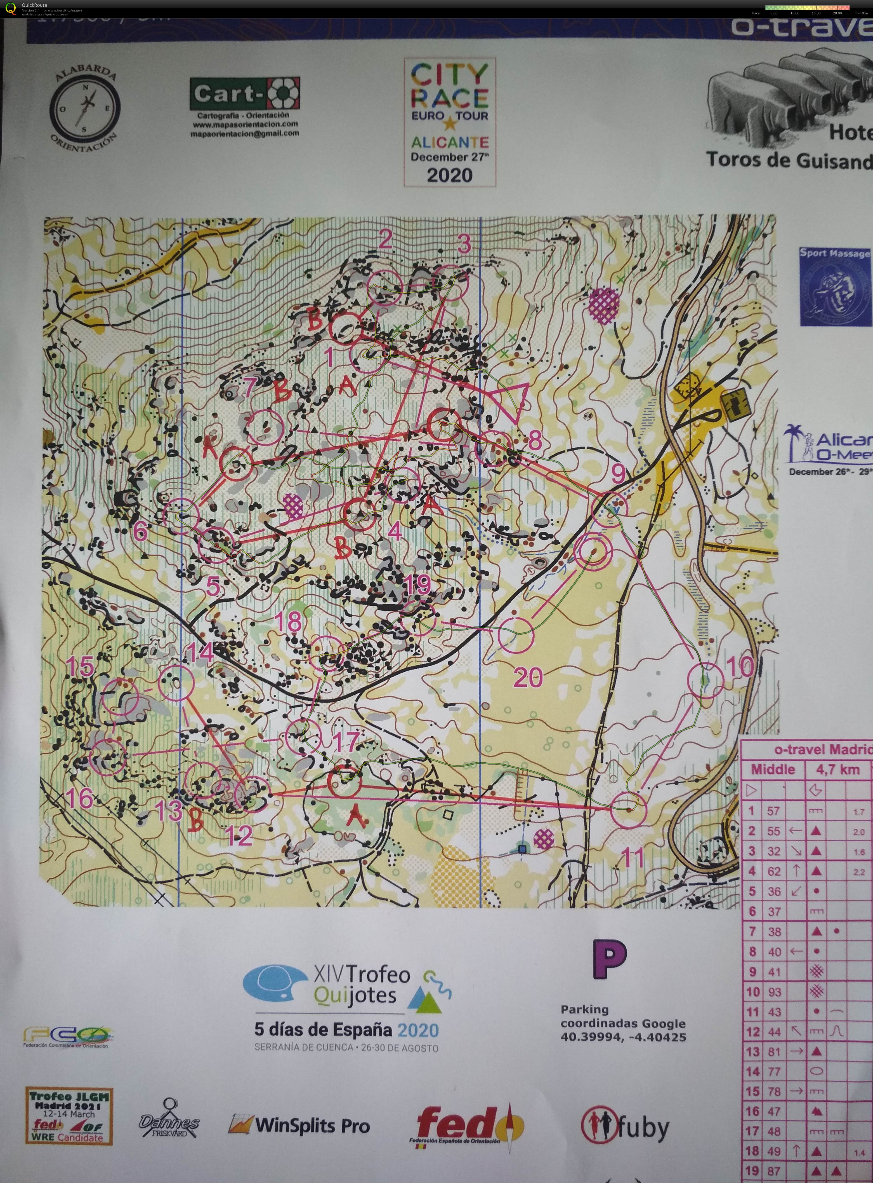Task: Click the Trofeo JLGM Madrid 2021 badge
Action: tap(69, 1116)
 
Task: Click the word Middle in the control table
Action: tap(773, 769)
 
